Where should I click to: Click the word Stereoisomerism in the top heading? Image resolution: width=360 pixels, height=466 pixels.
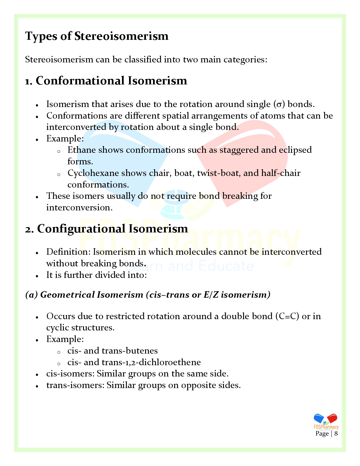121,36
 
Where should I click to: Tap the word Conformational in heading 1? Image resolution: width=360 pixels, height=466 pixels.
80,81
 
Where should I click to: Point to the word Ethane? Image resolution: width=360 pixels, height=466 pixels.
82,150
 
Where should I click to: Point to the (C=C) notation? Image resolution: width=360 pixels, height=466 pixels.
287,316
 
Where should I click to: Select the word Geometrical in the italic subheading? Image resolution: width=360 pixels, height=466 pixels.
67,295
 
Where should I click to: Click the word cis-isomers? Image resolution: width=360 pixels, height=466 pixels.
70,374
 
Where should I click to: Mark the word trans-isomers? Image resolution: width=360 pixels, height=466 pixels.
75,385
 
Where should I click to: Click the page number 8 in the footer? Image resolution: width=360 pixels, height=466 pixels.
336,434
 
